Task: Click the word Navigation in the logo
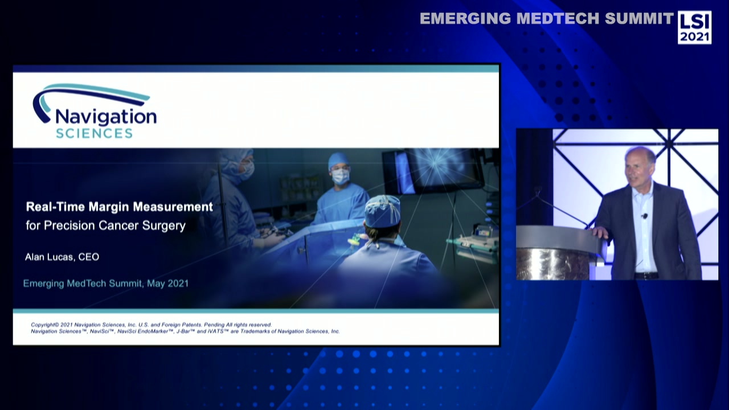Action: coord(105,117)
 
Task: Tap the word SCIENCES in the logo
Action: coord(94,133)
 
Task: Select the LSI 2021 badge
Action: coord(694,27)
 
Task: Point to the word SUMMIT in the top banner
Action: coord(639,19)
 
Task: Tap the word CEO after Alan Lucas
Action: coord(88,257)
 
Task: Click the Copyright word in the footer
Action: coord(44,325)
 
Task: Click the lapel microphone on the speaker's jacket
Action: coord(644,216)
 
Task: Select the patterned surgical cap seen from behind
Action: coord(382,212)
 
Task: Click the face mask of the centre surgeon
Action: coord(341,177)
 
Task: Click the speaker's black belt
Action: coord(646,275)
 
